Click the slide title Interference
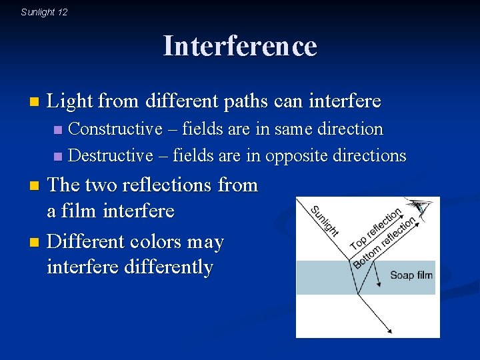240,46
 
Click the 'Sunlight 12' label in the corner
44,12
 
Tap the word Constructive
115,129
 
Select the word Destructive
111,155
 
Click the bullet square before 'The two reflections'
37,185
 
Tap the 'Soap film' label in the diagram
411,275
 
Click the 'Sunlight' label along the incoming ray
325,220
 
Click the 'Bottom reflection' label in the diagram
385,242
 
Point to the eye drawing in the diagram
420,208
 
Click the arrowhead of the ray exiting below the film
389,330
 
